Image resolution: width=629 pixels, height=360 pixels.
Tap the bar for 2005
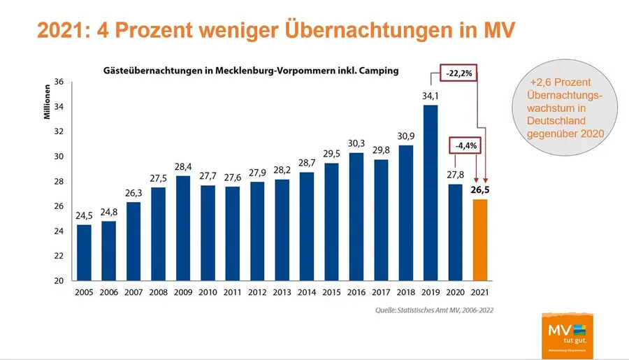pos(84,252)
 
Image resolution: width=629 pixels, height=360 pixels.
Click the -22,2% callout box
pos(458,72)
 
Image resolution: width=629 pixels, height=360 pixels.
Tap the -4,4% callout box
pos(466,147)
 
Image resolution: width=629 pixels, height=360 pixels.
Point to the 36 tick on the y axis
pos(59,82)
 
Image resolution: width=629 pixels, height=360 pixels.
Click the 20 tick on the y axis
pos(59,281)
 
